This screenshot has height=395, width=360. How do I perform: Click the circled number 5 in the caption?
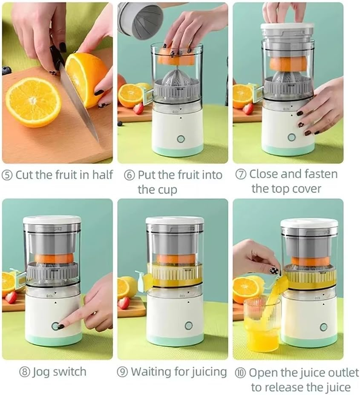(7, 175)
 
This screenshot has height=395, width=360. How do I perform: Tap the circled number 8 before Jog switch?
(25, 372)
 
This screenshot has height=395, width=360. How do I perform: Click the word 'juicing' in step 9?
(208, 372)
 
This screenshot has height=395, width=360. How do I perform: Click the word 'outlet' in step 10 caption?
(341, 373)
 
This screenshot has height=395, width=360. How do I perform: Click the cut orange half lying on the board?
(33, 102)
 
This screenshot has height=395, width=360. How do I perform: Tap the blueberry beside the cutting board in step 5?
(6, 70)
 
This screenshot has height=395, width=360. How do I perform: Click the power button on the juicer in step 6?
(181, 139)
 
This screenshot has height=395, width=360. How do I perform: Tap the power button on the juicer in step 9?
(188, 325)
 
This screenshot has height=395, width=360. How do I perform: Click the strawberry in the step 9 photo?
(124, 303)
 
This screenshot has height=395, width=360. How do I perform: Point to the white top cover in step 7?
(288, 26)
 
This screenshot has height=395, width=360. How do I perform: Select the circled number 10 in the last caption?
(240, 373)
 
